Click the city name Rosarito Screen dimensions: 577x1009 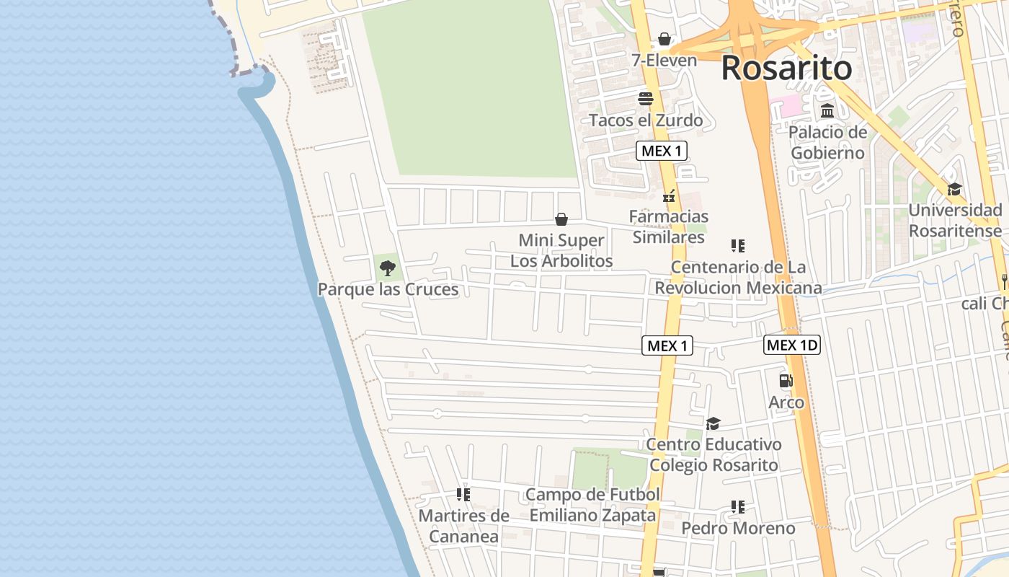pyautogui.click(x=786, y=69)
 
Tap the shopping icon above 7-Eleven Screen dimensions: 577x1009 pyautogui.click(x=664, y=39)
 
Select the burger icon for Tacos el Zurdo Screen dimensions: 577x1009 pyautogui.click(x=645, y=99)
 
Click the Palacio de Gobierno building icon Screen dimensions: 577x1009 pyautogui.click(x=827, y=111)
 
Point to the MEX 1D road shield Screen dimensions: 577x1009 pyautogui.click(x=791, y=345)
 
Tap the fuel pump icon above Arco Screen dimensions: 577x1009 pyautogui.click(x=786, y=381)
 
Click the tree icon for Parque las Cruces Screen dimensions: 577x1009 pyautogui.click(x=388, y=269)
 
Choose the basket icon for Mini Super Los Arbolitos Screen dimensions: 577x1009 pyautogui.click(x=561, y=219)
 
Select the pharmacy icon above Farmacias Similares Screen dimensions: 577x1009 pyautogui.click(x=669, y=195)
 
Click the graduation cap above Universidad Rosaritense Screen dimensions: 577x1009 pyautogui.click(x=954, y=189)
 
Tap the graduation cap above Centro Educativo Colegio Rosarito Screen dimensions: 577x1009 pyautogui.click(x=713, y=423)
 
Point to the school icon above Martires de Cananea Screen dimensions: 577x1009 pyautogui.click(x=463, y=495)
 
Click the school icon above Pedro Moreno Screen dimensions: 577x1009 pyautogui.click(x=737, y=507)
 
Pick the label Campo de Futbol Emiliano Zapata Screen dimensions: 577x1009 pyautogui.click(x=592, y=505)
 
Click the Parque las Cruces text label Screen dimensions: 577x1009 pyautogui.click(x=388, y=289)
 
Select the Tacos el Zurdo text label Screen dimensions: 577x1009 pyautogui.click(x=646, y=120)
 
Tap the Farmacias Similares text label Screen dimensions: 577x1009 pyautogui.click(x=668, y=226)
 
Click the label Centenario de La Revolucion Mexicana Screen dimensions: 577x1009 pyautogui.click(x=738, y=278)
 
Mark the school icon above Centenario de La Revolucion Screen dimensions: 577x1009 pyautogui.click(x=737, y=246)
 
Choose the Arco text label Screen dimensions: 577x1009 pyautogui.click(x=786, y=402)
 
